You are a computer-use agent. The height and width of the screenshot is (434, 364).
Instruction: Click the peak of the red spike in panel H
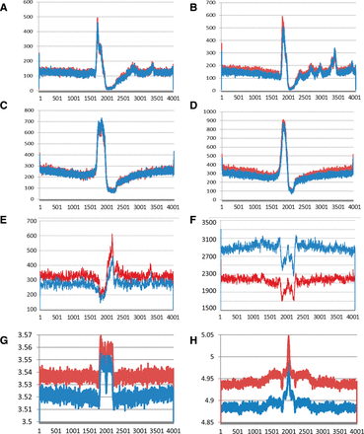tap(287, 337)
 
